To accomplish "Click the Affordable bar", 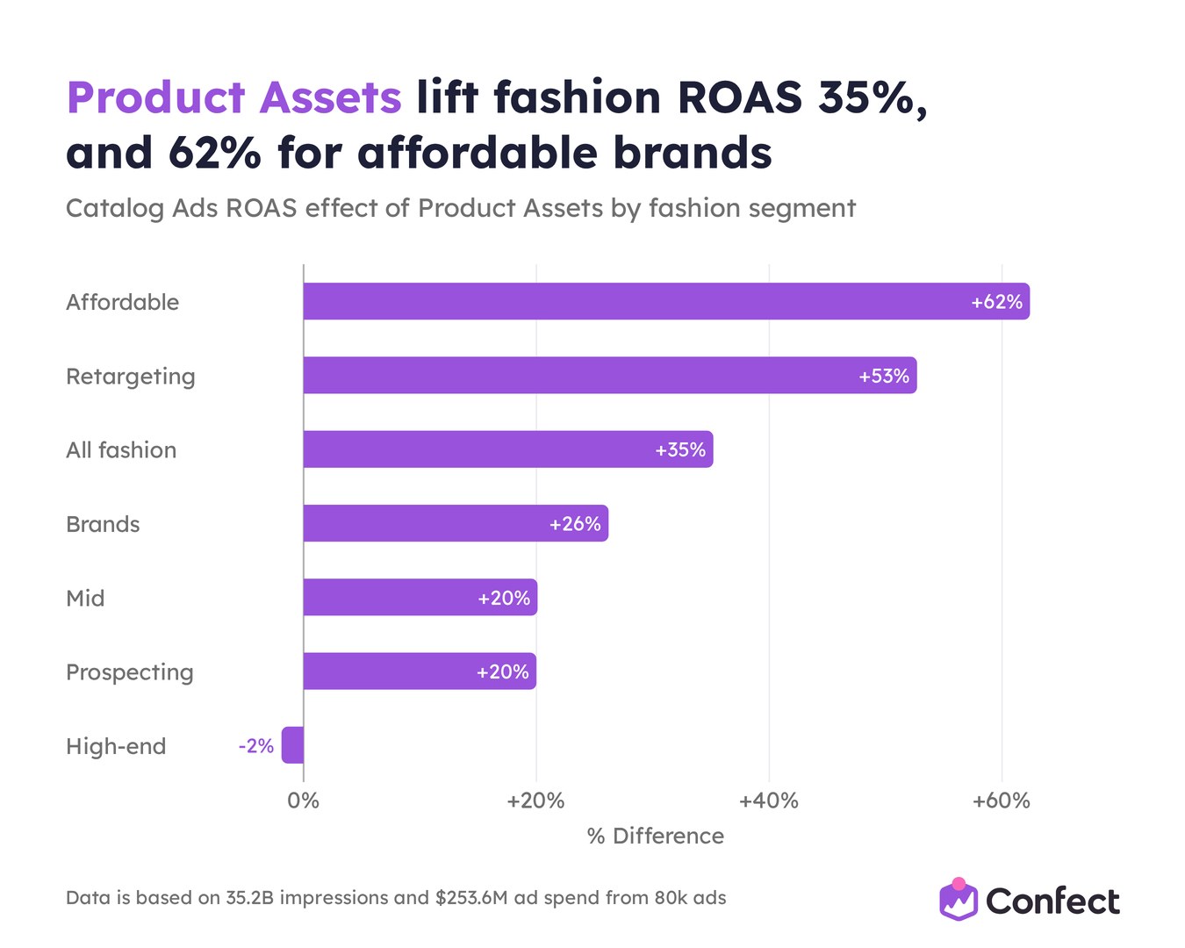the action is (666, 301).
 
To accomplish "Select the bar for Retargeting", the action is (610, 375).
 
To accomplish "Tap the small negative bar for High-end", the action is (292, 745).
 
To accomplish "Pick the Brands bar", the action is (456, 523).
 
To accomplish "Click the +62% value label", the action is (996, 302).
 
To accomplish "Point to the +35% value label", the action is (680, 450).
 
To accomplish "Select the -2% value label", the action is (256, 746).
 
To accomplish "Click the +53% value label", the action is (884, 377).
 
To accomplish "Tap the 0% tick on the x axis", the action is (304, 801).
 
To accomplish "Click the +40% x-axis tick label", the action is (769, 801).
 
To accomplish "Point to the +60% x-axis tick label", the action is (1001, 801).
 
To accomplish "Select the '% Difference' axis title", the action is (656, 837).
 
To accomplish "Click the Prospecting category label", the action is (130, 672).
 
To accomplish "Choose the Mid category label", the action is (85, 598).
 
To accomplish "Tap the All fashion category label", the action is (121, 450).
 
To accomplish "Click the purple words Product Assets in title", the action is (234, 97).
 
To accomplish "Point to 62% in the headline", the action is (215, 153).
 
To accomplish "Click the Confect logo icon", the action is (959, 900).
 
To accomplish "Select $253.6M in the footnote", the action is (471, 897).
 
